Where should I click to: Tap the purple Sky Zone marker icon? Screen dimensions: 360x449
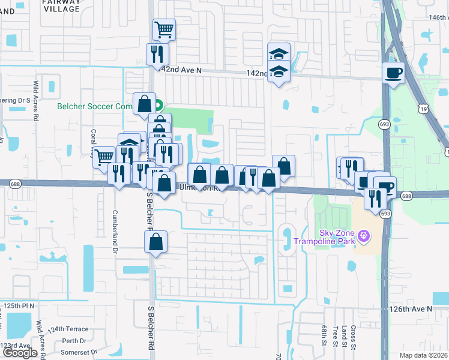coord(363,235)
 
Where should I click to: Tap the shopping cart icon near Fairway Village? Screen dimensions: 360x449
coord(164,28)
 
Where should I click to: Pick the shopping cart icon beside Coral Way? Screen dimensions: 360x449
coord(104,157)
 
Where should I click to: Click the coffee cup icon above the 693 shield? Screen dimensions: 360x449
coord(394,73)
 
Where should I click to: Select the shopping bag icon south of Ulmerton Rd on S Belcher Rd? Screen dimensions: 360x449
coord(155,242)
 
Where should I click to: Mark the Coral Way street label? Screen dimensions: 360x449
coord(93,142)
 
